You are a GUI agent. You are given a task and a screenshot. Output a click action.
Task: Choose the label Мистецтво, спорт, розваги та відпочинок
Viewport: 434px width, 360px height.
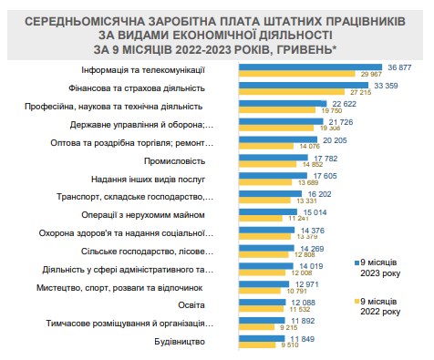pos(122,287)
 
